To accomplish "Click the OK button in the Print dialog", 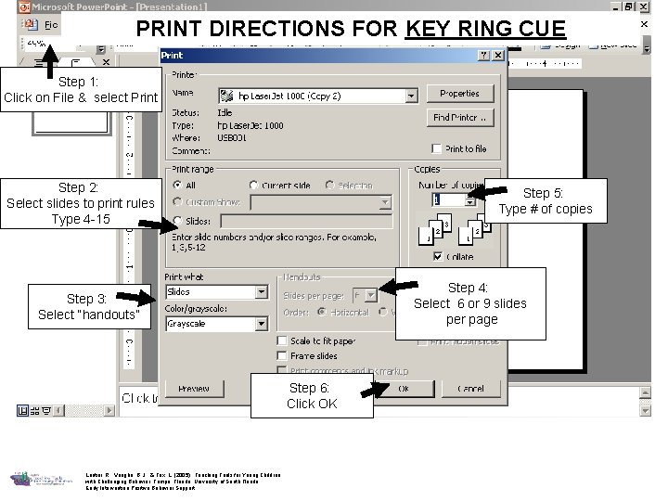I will tap(403, 389).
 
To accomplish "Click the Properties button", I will tap(459, 94).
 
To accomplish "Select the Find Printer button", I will tap(459, 118).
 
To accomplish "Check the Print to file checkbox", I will tap(437, 148).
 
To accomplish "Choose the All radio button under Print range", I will tap(177, 186).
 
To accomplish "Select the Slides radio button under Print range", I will tap(177, 222).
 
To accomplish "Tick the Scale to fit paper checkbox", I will tap(282, 340).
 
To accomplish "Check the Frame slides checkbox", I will tap(282, 355).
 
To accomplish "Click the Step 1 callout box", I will tap(82, 90).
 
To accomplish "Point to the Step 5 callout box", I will tap(544, 201).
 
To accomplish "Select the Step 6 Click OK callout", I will tap(311, 395).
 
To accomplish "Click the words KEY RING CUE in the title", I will tap(485, 29).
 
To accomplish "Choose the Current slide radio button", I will tap(253, 186).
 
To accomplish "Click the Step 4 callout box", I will tap(469, 303).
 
